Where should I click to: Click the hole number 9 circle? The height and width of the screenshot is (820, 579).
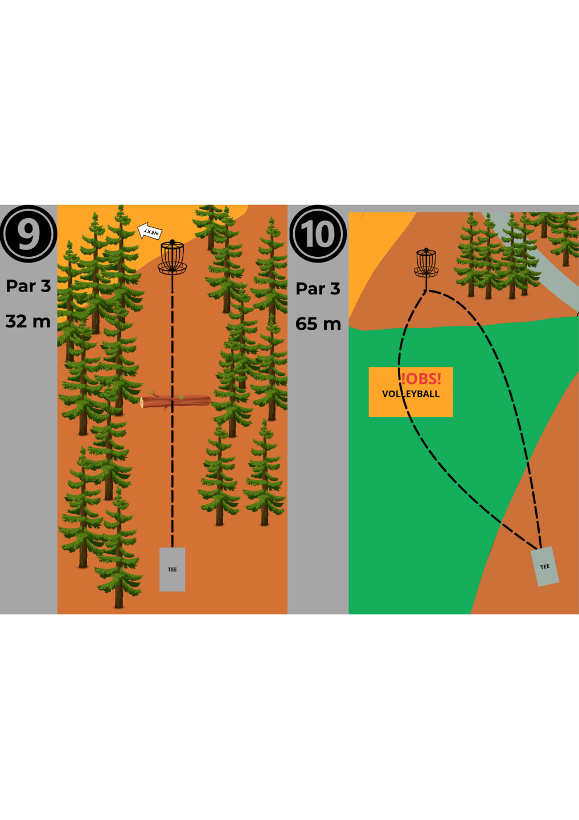(28, 233)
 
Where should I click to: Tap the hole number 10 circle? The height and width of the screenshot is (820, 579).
(318, 233)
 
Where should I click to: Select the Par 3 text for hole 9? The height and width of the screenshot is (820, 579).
(28, 286)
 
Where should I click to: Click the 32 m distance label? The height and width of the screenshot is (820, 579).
(28, 321)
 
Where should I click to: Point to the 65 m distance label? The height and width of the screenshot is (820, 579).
(318, 324)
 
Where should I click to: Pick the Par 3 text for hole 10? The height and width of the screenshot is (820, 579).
(318, 289)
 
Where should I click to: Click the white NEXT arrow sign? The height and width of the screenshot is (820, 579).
(150, 231)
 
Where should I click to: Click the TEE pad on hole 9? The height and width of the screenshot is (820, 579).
(173, 569)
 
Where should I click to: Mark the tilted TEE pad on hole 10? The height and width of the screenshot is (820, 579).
(545, 567)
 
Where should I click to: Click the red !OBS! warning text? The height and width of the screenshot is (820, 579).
(421, 379)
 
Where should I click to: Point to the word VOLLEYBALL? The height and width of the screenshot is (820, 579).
(410, 394)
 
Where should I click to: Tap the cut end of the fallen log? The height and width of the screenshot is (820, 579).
(142, 402)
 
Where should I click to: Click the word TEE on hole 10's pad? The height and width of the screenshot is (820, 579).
(545, 567)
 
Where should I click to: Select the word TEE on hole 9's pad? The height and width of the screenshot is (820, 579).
(173, 569)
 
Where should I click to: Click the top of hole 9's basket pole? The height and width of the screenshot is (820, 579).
(173, 241)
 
